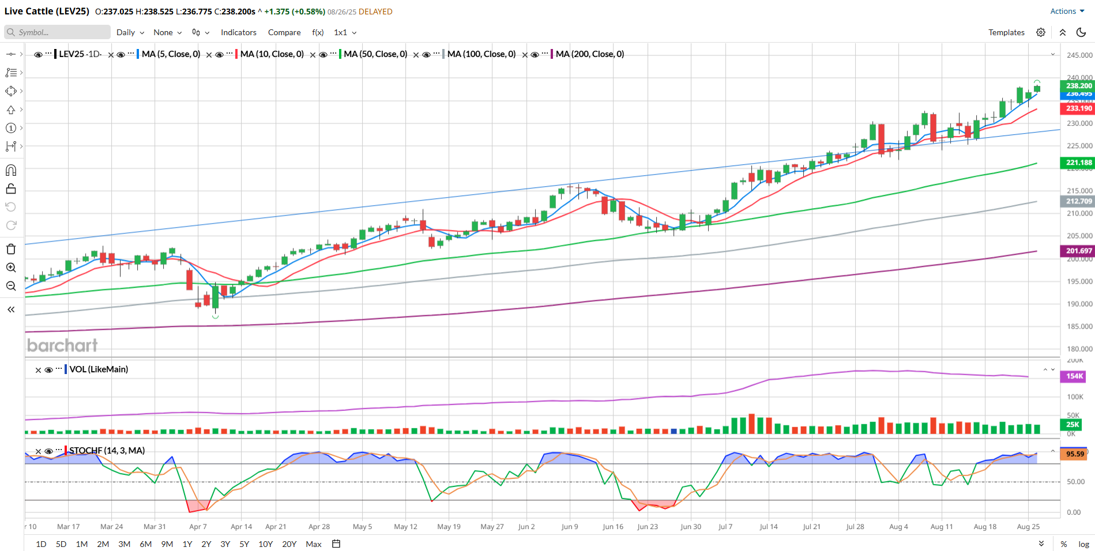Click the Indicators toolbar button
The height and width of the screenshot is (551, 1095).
[238, 32]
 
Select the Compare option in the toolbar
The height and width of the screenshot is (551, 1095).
[284, 32]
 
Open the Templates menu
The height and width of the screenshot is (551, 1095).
[1006, 32]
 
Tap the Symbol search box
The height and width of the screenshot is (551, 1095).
[58, 32]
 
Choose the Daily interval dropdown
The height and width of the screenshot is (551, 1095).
[130, 32]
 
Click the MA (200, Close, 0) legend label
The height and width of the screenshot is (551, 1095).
[589, 54]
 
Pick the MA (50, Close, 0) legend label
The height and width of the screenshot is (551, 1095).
[375, 54]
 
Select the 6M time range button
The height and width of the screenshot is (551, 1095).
[145, 544]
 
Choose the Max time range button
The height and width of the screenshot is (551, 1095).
[314, 544]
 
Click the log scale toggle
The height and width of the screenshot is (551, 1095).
[1083, 544]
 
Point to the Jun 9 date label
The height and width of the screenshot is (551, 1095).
[570, 526]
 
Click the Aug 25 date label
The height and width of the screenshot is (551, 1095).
[1028, 526]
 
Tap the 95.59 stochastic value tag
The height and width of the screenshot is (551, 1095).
[1074, 454]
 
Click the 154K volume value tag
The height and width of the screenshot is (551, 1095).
[1074, 376]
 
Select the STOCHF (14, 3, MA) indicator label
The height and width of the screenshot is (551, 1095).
[107, 450]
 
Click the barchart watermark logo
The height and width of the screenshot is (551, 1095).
[62, 345]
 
